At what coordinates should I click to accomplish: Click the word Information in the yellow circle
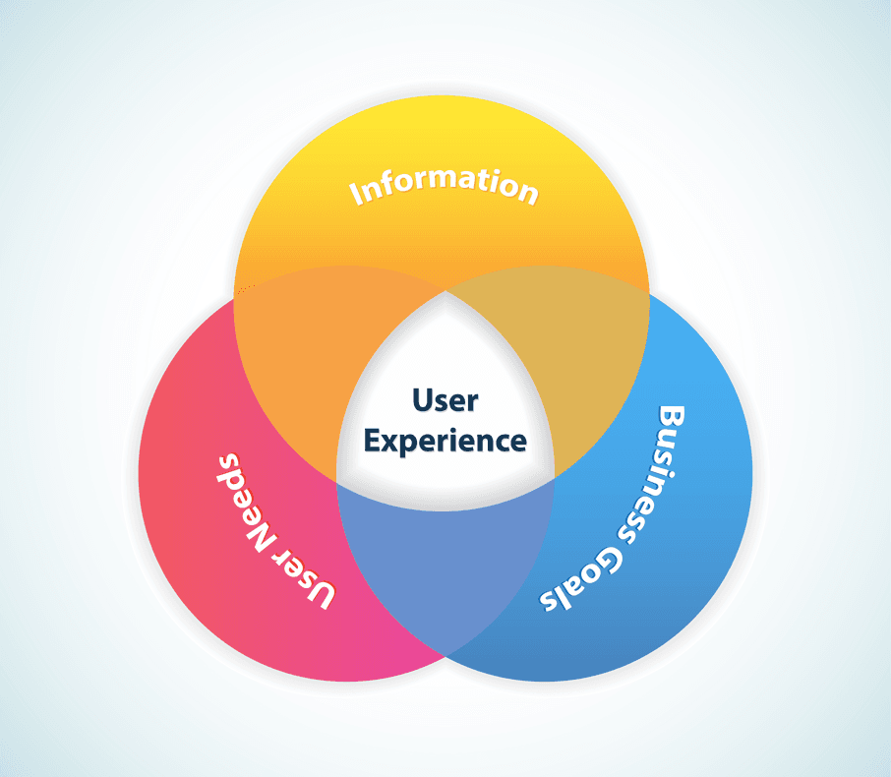(445, 185)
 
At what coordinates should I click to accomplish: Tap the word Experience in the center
(445, 442)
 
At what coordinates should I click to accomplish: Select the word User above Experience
(445, 401)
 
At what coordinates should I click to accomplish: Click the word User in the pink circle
(312, 582)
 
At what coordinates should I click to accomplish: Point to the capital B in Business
(672, 417)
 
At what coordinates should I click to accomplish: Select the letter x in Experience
(390, 443)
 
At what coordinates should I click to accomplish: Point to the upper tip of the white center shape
(445, 293)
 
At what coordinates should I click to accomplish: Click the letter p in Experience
(409, 445)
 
